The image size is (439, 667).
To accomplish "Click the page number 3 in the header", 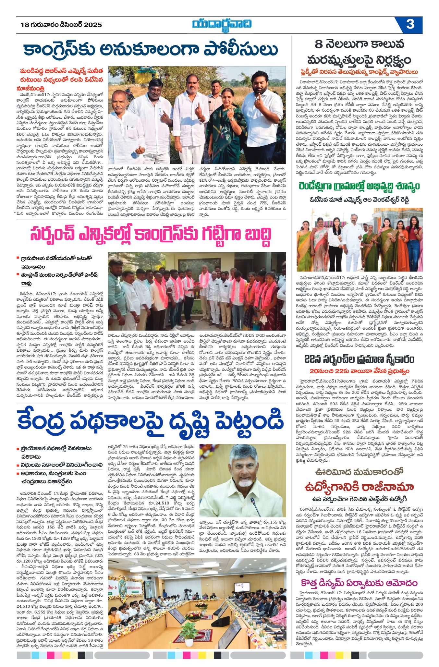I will (x=410, y=25).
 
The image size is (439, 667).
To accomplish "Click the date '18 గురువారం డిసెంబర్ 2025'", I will (x=61, y=25).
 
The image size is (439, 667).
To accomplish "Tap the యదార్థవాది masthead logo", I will (x=221, y=25).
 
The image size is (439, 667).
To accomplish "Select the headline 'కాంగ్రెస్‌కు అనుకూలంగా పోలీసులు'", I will (x=151, y=50).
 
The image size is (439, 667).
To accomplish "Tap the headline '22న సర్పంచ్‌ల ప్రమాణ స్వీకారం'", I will (x=359, y=359).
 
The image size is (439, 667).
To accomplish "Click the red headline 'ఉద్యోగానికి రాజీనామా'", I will (x=359, y=487).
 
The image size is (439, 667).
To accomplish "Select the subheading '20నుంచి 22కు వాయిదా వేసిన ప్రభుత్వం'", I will (x=359, y=371).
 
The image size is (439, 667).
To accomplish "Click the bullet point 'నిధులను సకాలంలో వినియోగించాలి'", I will (x=61, y=465).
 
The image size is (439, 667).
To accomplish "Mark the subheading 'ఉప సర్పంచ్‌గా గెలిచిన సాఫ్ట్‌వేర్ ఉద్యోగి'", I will (x=359, y=499).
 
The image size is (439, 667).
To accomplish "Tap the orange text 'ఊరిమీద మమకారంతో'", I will (x=359, y=472).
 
